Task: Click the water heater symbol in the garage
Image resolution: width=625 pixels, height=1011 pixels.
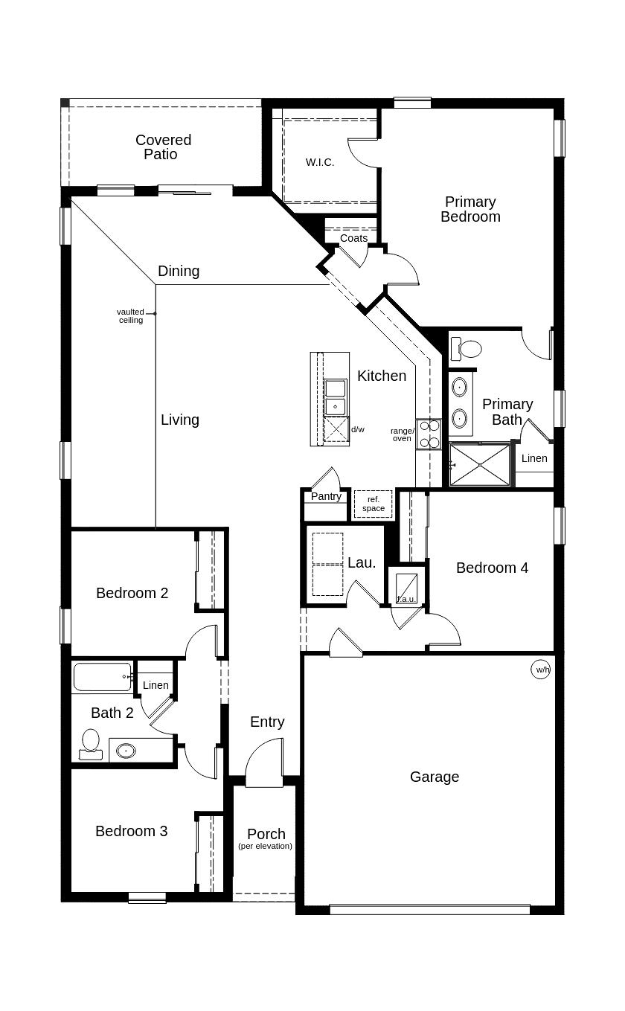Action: [x=542, y=670]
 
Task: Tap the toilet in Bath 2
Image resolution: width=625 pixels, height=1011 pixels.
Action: [x=91, y=743]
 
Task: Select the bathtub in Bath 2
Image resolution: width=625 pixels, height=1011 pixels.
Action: [x=103, y=678]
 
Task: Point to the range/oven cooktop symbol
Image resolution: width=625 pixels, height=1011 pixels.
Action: [x=429, y=434]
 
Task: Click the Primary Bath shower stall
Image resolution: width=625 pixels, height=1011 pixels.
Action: [x=480, y=465]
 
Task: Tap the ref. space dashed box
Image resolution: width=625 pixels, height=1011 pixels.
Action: [x=374, y=504]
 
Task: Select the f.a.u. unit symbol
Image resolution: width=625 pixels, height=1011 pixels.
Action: [x=406, y=588]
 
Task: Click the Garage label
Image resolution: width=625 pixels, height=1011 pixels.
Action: [x=435, y=777]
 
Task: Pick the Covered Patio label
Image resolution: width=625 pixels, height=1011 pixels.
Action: [x=163, y=147]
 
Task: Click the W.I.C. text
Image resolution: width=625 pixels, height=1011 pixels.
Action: [x=320, y=162]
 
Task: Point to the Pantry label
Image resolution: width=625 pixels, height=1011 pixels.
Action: [x=326, y=496]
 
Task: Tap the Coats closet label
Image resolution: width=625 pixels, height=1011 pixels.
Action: [x=353, y=238]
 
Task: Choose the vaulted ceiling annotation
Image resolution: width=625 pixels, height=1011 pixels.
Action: [x=131, y=316]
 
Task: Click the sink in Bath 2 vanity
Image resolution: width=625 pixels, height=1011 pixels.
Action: [x=126, y=751]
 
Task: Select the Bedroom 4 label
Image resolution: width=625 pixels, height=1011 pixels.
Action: [x=492, y=568]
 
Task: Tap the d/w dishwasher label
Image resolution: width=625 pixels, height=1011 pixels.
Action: [x=358, y=429]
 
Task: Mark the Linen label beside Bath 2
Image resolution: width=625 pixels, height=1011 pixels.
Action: [x=156, y=685]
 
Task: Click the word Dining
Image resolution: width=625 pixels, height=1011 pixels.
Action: [x=179, y=271]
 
